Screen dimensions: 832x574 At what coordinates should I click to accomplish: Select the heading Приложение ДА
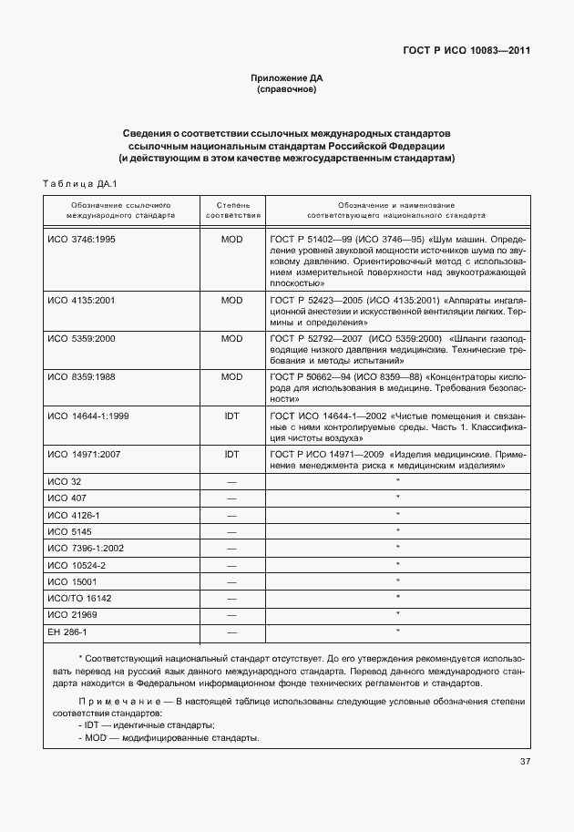click(287, 78)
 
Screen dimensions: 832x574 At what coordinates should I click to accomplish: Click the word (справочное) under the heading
click(287, 91)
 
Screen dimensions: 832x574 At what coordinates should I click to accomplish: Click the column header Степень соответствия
click(233, 211)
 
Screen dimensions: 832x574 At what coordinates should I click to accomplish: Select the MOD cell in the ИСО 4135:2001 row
click(232, 299)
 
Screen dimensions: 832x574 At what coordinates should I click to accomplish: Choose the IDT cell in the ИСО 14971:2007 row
click(232, 453)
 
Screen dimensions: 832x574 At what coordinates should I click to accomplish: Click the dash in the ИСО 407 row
click(232, 498)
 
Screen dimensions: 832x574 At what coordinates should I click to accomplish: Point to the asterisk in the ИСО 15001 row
click(398, 580)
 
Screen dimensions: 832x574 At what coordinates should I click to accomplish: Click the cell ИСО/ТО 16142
click(78, 598)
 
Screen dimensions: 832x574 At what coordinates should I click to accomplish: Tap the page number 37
click(526, 762)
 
